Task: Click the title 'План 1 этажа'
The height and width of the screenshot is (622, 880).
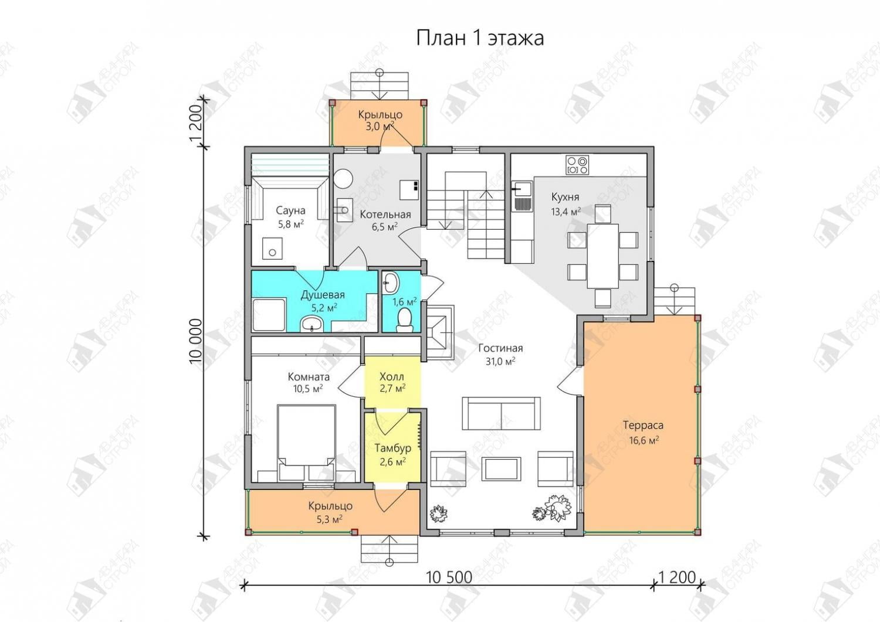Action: (480, 39)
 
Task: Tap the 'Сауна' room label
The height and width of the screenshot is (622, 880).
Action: (290, 210)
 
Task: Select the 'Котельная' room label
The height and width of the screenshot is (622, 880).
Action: (385, 215)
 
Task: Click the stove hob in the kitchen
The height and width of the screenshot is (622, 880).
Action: (577, 165)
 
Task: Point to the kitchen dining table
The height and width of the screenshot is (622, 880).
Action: (603, 256)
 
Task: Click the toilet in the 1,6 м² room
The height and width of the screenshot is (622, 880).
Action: (404, 318)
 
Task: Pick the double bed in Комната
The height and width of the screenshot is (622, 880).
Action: (306, 443)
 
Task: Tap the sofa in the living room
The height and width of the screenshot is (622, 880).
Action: (501, 413)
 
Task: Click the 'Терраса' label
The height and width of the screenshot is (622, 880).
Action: (643, 425)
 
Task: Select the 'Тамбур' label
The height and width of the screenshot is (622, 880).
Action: (393, 448)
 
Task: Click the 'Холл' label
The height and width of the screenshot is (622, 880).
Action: (391, 377)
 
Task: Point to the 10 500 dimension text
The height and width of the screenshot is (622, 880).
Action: (449, 577)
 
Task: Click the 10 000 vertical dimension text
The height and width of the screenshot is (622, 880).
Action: (195, 341)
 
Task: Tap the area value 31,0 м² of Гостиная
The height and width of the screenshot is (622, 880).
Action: (500, 361)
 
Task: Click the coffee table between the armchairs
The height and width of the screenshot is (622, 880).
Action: (501, 468)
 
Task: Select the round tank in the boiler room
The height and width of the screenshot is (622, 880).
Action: (344, 179)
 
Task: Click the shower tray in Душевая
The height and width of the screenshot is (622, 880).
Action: (269, 315)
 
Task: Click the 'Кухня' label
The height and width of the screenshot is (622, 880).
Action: (565, 197)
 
